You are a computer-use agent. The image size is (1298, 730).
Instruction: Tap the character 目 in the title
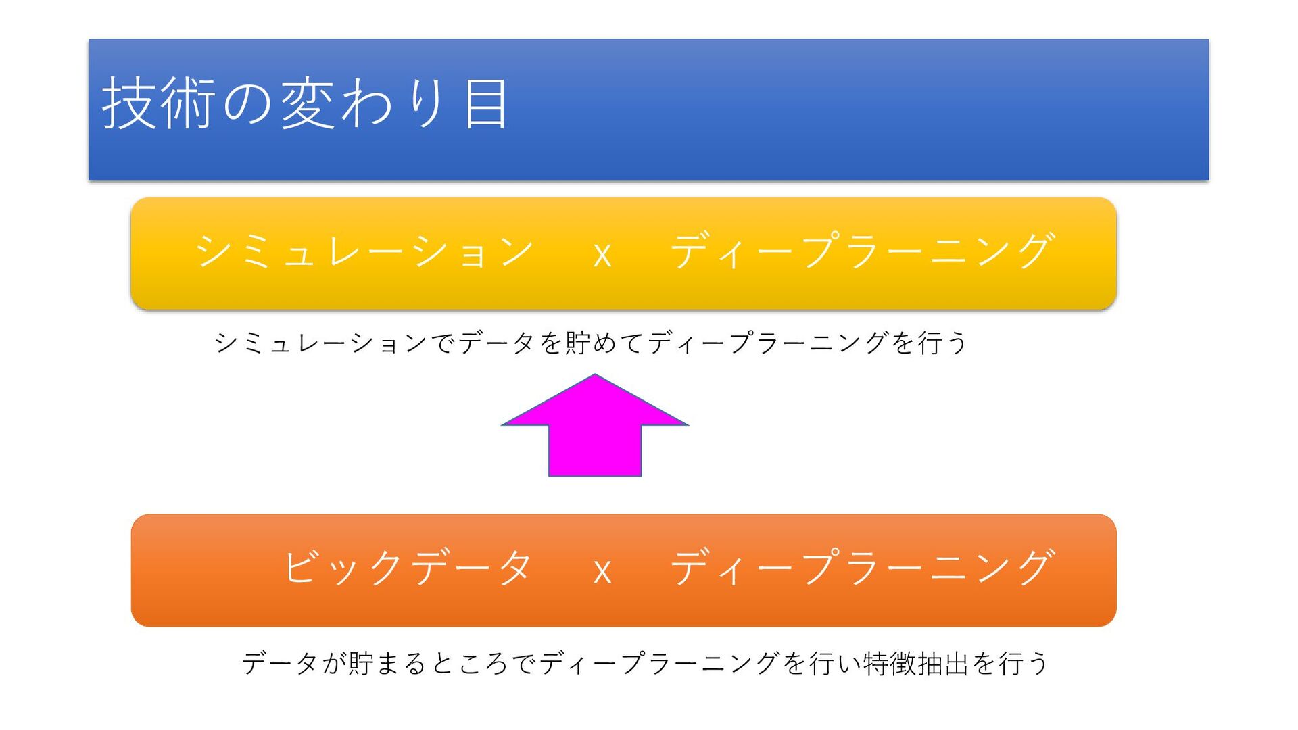click(x=485, y=103)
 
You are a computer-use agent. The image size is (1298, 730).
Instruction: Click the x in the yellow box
click(x=602, y=255)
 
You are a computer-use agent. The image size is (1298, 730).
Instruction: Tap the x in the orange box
click(x=602, y=572)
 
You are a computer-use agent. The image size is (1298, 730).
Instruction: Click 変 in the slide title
click(x=307, y=103)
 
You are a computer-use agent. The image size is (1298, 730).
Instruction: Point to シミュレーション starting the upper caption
click(x=321, y=343)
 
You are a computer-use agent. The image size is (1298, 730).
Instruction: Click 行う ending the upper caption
click(x=942, y=343)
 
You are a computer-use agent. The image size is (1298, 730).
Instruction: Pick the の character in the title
click(x=247, y=103)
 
